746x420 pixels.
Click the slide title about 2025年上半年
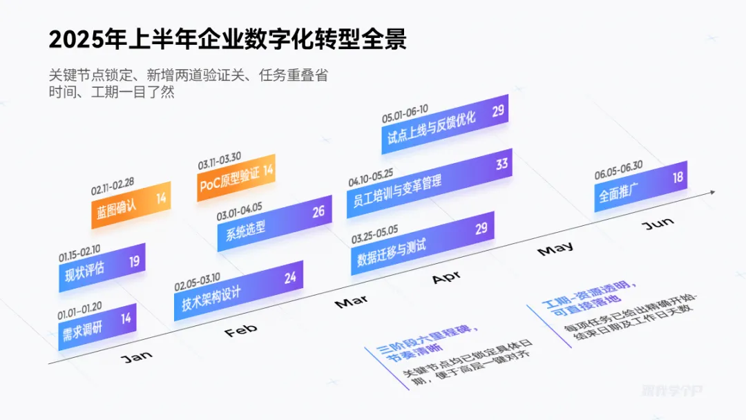[x=228, y=39]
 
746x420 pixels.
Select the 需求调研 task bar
[x=97, y=326]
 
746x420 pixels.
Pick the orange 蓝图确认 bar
[x=131, y=204]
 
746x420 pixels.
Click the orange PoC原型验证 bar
[x=236, y=178]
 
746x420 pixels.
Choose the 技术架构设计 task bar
[x=238, y=290]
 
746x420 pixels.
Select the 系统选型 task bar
[x=274, y=221]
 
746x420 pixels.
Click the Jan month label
[x=136, y=356]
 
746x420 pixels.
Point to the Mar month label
[x=351, y=302]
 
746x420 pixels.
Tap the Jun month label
[x=658, y=224]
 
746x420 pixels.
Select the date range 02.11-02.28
[x=112, y=187]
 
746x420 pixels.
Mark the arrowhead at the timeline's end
[x=711, y=193]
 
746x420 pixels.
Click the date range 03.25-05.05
[x=374, y=234]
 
